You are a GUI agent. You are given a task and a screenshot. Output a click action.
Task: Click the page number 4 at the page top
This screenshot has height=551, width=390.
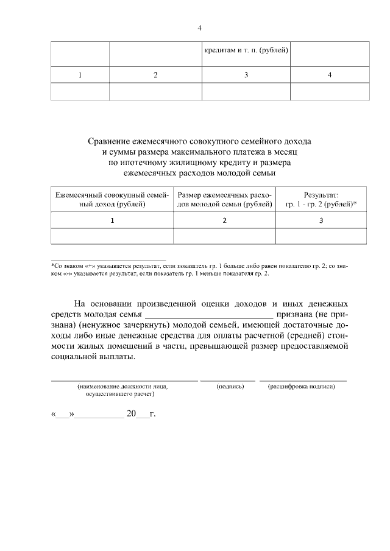(199, 28)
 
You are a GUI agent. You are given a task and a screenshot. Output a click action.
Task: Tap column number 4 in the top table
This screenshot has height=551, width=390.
(330, 75)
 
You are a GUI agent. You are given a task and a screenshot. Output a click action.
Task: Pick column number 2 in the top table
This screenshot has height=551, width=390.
(155, 75)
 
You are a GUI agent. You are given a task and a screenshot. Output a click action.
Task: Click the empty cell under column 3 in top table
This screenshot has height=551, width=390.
(246, 91)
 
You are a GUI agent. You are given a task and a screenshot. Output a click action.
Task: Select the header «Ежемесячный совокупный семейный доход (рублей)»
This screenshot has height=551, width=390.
(112, 199)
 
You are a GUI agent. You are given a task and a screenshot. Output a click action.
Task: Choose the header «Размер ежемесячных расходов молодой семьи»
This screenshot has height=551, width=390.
(224, 199)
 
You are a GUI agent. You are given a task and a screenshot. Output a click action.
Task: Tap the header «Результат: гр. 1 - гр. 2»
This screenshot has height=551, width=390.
(321, 199)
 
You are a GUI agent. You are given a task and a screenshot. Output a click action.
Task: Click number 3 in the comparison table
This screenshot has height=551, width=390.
(321, 220)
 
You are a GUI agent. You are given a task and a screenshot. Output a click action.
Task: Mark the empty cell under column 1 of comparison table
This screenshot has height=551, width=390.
(112, 236)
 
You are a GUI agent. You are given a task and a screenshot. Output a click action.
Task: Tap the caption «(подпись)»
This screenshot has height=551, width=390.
(230, 387)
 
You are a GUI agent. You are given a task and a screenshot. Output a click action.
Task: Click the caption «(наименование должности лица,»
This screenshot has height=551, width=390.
(122, 387)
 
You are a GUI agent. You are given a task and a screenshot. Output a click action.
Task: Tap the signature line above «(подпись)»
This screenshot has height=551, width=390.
(228, 380)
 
